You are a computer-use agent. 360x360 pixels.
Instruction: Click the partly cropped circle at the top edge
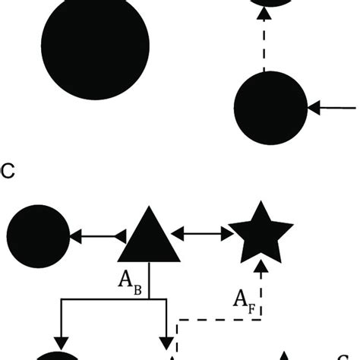click(264, 4)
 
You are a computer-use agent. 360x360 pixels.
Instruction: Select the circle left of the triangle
click(37, 237)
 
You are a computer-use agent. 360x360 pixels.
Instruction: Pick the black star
click(261, 232)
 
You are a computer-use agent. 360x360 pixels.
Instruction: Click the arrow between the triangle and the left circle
click(96, 238)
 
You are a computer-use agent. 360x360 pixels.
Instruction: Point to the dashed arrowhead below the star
click(261, 265)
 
